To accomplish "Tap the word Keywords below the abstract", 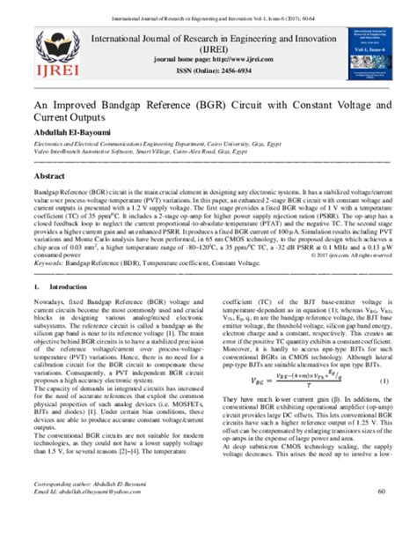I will point(48,263).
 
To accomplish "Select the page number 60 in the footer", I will point(380,515).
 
